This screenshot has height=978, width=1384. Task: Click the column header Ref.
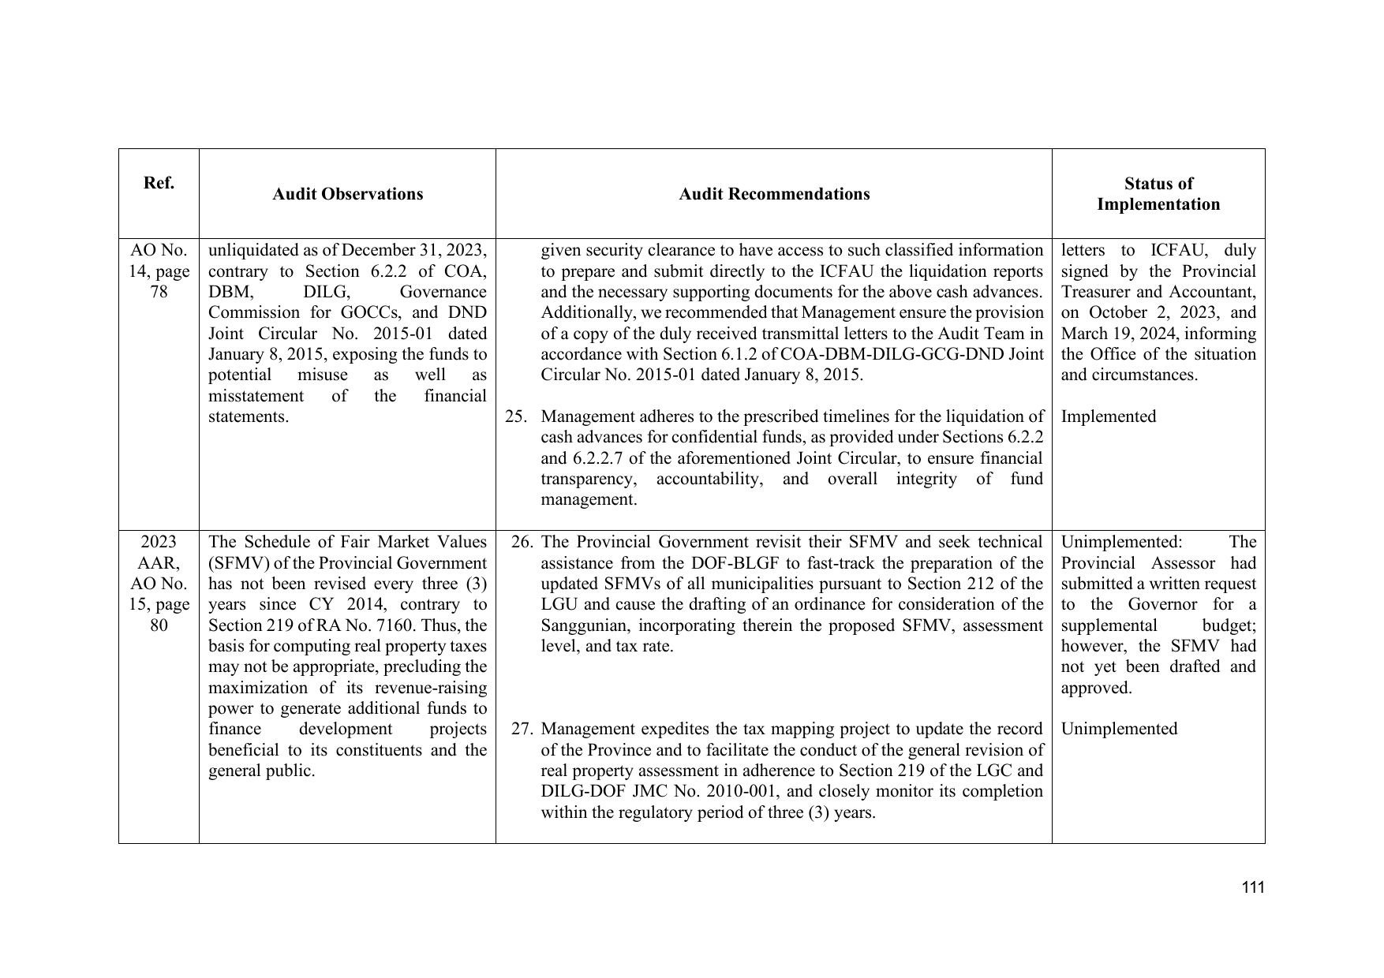(159, 183)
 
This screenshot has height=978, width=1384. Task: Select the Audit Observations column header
(347, 194)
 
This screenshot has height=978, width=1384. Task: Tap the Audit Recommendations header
(774, 194)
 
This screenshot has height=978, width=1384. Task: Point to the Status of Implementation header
(1158, 194)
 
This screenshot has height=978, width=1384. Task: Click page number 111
(1252, 887)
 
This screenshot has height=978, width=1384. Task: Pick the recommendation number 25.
(515, 416)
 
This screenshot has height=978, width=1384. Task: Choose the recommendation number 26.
(522, 542)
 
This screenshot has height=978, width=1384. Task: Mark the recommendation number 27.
(522, 729)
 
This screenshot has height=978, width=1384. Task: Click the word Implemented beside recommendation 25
(1108, 416)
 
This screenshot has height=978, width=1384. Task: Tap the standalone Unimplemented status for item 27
(1119, 729)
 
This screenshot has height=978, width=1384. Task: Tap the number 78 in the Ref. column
(159, 292)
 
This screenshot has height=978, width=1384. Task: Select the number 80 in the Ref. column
(159, 625)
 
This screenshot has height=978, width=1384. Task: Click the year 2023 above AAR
(159, 542)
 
